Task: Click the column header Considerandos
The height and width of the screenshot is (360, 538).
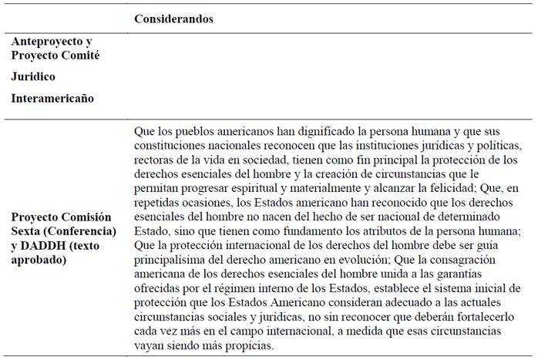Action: pyautogui.click(x=173, y=19)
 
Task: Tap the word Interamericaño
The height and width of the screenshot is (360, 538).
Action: pyautogui.click(x=52, y=98)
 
